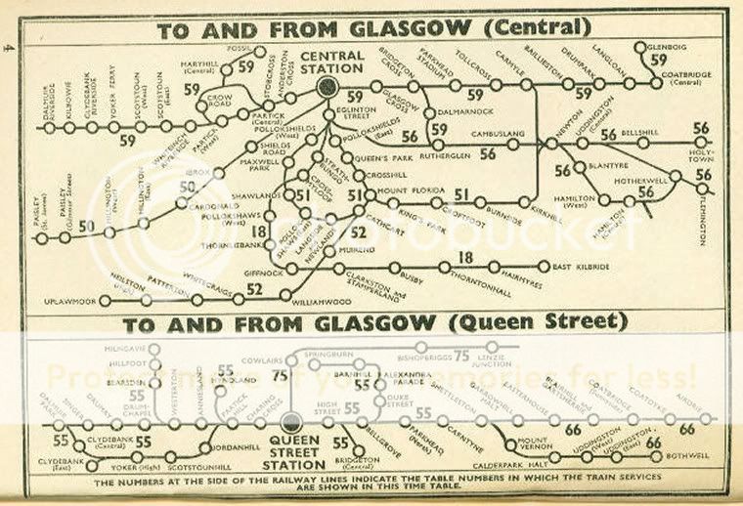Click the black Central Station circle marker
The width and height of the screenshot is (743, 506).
tap(327, 88)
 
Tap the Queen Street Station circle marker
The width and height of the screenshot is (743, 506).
tap(291, 423)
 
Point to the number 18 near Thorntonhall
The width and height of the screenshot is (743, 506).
tap(466, 257)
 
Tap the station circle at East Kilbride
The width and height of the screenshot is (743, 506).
tap(544, 265)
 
